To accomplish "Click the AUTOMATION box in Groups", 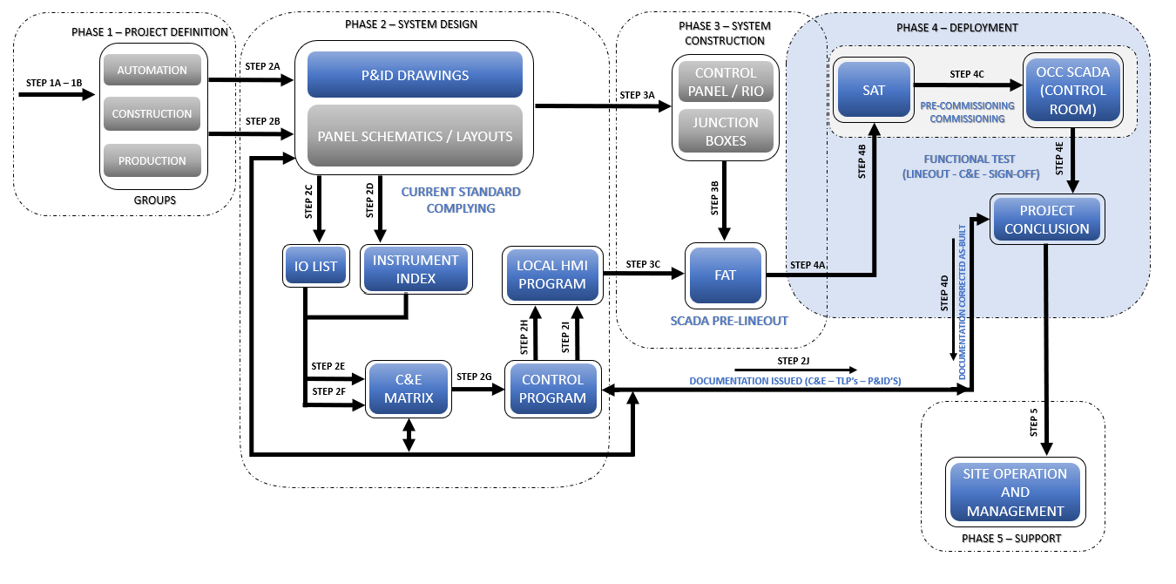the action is click(152, 70).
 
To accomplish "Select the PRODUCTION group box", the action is click(152, 160).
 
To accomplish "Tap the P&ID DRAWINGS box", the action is click(415, 75).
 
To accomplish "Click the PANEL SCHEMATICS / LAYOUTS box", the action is click(415, 136).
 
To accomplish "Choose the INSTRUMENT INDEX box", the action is click(416, 268).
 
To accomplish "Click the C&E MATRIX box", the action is click(409, 389).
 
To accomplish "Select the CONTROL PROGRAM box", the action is click(552, 389).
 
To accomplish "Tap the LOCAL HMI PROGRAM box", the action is click(551, 275).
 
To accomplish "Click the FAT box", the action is click(725, 275).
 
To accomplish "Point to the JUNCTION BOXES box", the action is click(726, 131).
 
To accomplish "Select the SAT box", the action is click(873, 90).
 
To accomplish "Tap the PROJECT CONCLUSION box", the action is click(1047, 220).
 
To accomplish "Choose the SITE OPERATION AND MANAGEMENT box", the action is click(1015, 492).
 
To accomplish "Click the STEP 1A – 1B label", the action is click(54, 82).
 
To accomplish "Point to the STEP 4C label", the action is click(967, 74).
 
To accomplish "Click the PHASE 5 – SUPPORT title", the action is click(1011, 539).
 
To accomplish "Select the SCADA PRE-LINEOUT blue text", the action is click(729, 321).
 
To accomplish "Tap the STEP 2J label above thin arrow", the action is click(794, 361).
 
